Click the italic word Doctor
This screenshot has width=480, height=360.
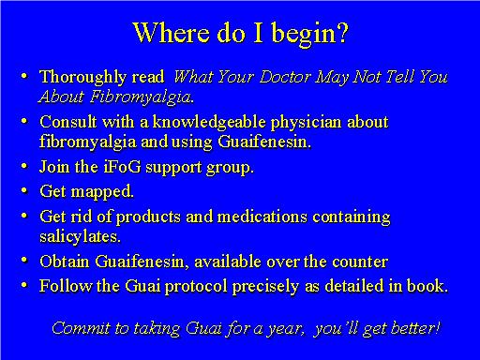point(290,76)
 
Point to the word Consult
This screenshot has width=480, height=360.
point(67,123)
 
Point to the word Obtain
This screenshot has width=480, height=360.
point(65,262)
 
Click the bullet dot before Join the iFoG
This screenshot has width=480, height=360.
point(26,170)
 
